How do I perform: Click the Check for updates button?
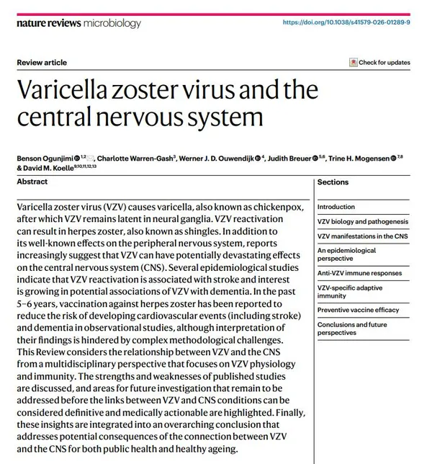380,63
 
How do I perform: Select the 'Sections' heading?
333,182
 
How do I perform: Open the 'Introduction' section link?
336,207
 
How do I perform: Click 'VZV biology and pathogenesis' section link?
362,221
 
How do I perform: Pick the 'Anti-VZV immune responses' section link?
359,273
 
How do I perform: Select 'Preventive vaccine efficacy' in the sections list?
359,311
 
